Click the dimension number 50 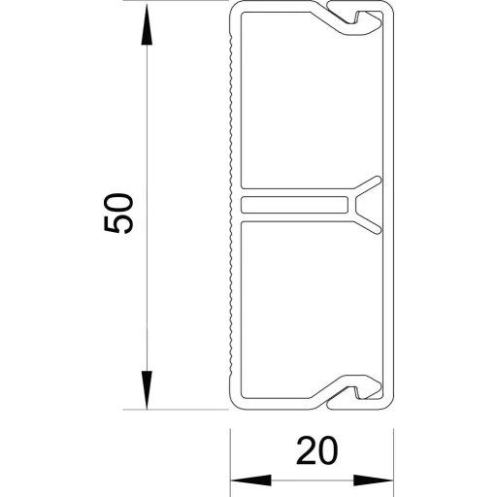tap(118, 213)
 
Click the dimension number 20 tap(316, 450)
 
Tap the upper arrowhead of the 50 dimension tap(147, 23)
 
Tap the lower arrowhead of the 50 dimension tap(147, 390)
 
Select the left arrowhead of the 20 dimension tap(250, 480)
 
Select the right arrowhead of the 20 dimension tap(374, 480)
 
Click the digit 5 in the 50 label tap(118, 223)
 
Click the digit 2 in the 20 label tap(306, 450)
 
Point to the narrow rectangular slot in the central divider tap(294, 205)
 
